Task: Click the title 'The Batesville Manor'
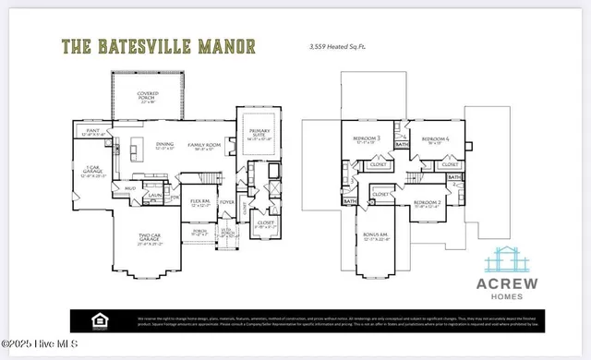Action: (x=158, y=46)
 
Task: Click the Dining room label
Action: (x=165, y=145)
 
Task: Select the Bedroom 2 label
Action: (x=426, y=202)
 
